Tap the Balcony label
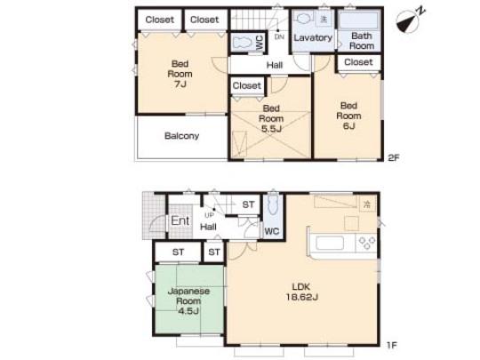(x=181, y=136)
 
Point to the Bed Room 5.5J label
(x=270, y=118)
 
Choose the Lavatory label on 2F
(x=313, y=38)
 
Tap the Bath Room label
(x=361, y=41)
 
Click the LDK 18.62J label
(x=302, y=292)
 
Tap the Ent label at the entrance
(x=180, y=221)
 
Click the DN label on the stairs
(x=278, y=36)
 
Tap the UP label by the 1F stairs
(x=210, y=214)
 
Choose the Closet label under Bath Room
(x=357, y=62)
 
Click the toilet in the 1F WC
(x=273, y=210)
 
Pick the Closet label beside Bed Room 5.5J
(x=247, y=85)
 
